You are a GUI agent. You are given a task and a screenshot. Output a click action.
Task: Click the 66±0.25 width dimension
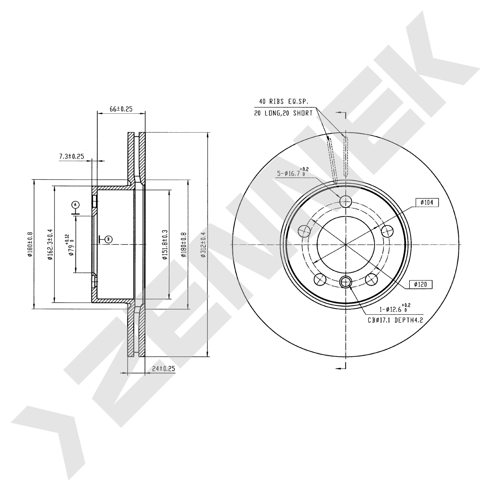(x=121, y=109)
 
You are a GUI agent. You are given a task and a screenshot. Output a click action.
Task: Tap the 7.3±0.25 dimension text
(x=72, y=156)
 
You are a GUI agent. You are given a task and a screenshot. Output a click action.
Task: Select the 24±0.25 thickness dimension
(x=164, y=368)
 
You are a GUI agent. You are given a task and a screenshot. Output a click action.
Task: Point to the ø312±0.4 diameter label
(x=203, y=245)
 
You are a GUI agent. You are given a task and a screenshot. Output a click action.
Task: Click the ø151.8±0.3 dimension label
(x=165, y=245)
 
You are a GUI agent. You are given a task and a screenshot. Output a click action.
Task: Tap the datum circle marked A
(x=75, y=205)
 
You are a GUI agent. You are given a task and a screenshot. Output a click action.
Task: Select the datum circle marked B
(x=109, y=239)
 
